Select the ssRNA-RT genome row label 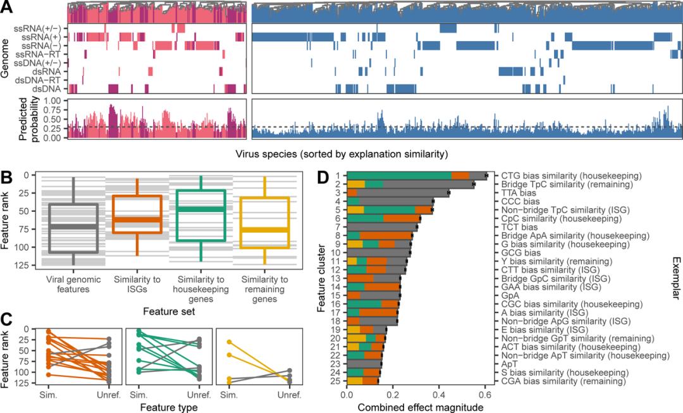click(42, 55)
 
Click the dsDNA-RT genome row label click(42, 80)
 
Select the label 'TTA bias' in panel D click(519, 192)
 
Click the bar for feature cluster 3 click(398, 192)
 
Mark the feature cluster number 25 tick click(339, 381)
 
